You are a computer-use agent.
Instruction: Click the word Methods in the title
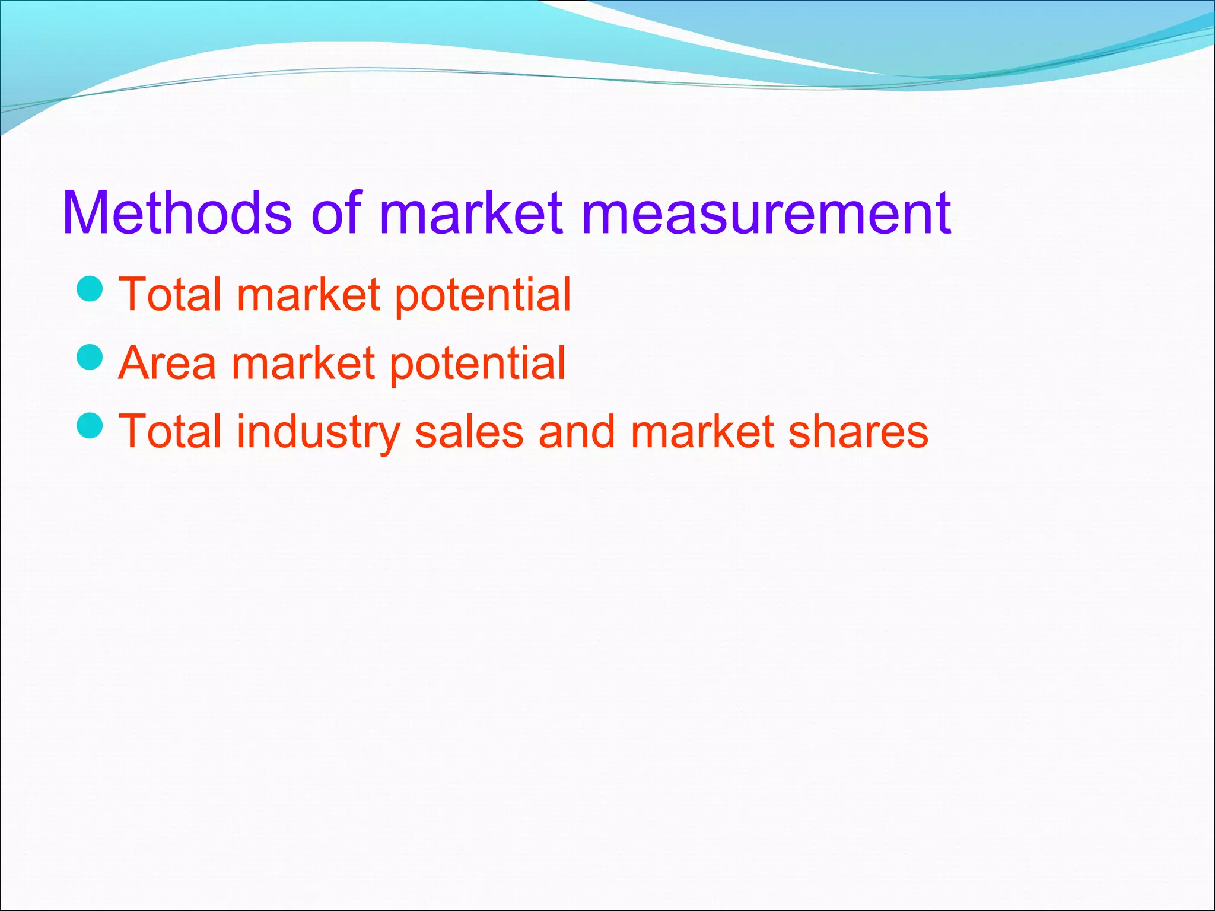coord(177,213)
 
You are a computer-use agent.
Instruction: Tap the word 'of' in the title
coord(336,213)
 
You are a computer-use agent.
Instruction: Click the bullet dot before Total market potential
coord(90,289)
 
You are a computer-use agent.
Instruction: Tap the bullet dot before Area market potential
coord(90,357)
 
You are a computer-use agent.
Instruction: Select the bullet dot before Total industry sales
coord(90,425)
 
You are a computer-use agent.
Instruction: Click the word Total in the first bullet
coord(169,294)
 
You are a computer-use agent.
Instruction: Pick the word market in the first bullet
coord(308,294)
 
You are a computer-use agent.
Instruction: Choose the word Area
coord(167,362)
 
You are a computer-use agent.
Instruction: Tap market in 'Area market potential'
coord(303,362)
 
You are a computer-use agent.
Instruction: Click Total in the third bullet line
coord(169,431)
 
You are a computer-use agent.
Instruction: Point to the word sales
coord(469,431)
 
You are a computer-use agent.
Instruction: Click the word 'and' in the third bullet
coord(576,431)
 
